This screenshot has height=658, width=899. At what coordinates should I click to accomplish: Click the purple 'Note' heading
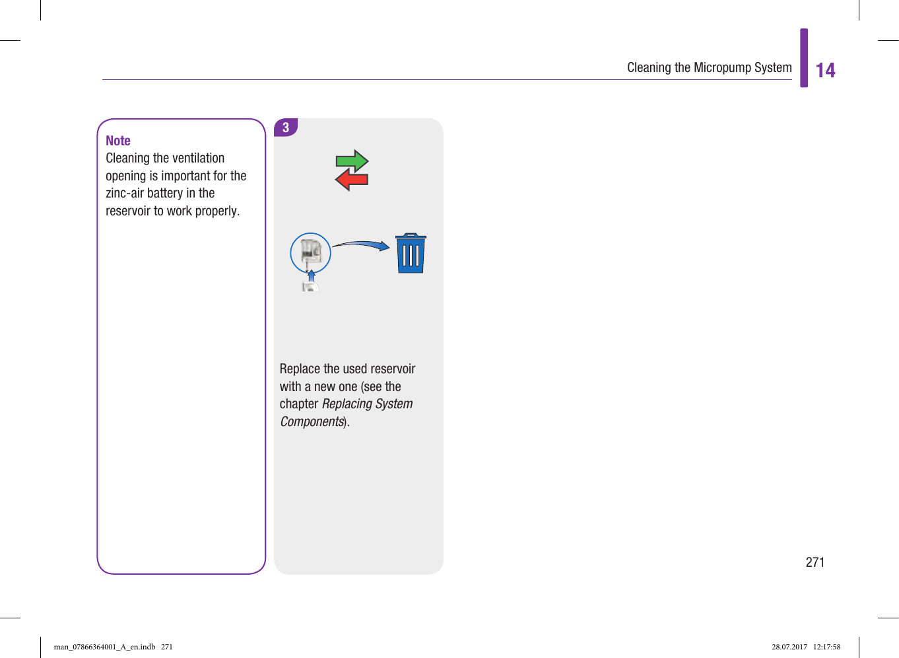[x=118, y=141]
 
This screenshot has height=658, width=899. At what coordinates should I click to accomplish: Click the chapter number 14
[x=825, y=71]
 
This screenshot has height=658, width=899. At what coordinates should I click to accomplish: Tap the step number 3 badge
[x=286, y=128]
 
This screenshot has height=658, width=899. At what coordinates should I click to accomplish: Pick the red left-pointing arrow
[x=351, y=179]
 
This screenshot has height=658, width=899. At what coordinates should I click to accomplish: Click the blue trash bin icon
[x=411, y=254]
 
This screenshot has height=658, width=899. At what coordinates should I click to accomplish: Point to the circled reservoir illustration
[x=310, y=253]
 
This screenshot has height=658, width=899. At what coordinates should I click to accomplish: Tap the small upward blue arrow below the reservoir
[x=312, y=277]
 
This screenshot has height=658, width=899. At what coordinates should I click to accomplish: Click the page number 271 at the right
[x=815, y=562]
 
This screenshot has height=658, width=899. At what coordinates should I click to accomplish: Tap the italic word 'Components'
[x=312, y=421]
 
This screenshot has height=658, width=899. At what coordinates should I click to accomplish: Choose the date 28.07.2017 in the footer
[x=789, y=647]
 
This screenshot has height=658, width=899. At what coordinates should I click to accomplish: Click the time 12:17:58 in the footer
[x=826, y=647]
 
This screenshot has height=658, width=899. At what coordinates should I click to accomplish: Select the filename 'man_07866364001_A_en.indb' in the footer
[x=104, y=647]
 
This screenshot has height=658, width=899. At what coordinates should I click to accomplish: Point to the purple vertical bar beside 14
[x=804, y=58]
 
